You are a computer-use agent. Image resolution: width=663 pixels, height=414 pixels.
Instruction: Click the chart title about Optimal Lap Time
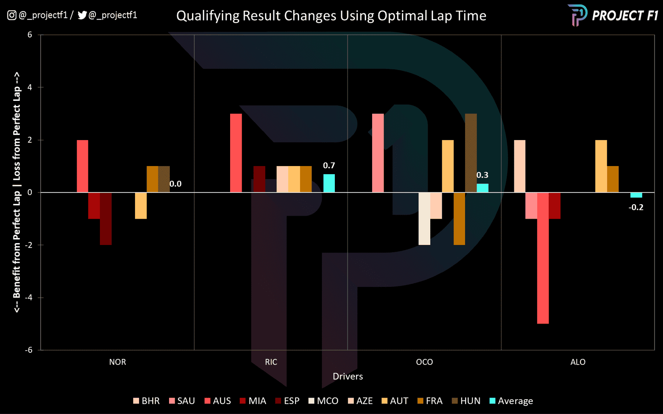pos(331,16)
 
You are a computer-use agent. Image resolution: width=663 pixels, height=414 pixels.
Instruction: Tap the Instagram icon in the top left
pos(11,15)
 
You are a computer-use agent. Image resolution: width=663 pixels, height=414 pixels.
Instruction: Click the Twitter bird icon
pos(82,15)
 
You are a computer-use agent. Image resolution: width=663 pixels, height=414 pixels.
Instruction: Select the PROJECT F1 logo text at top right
pos(625,16)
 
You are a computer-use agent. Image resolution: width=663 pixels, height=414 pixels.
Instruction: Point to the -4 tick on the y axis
pos(28,298)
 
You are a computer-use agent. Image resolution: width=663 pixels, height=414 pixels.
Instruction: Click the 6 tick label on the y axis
pos(30,35)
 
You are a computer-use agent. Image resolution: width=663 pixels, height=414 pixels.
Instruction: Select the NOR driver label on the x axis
pos(117,362)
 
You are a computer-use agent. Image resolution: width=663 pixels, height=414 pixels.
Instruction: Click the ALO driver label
pos(578,362)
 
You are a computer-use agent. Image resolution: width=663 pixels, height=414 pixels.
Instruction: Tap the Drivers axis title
pos(347,377)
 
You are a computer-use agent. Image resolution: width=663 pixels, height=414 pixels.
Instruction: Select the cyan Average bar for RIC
pos(329,183)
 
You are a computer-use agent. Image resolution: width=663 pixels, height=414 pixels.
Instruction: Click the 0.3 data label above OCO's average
pos(482,175)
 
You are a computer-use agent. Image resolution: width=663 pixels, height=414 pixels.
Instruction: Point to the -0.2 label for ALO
pos(636,208)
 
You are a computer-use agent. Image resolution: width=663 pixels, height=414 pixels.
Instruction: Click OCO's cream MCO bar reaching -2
pos(424,219)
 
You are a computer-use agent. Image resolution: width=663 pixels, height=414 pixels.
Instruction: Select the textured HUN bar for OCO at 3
pos(471,153)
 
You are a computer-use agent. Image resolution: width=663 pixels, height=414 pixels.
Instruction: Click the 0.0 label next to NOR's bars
pos(175,184)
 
